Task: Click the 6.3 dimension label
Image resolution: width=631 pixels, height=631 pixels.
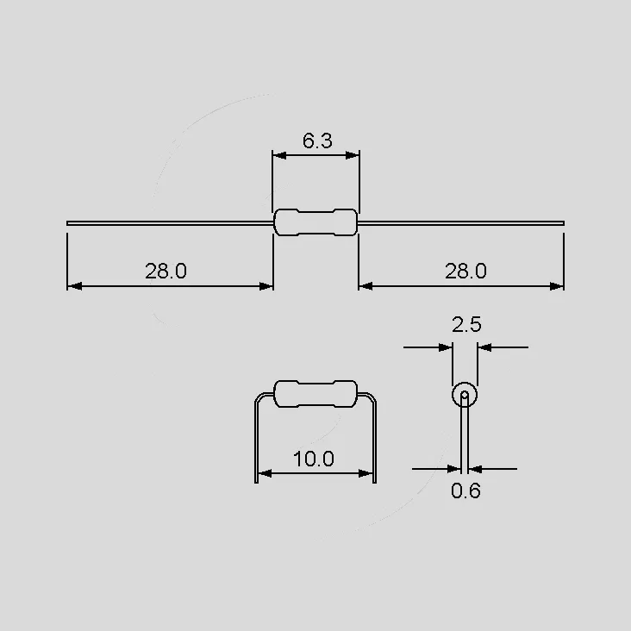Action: click(x=317, y=141)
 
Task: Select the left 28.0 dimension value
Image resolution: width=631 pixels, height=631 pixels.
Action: click(x=166, y=271)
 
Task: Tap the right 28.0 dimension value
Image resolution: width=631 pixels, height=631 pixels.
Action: click(x=465, y=271)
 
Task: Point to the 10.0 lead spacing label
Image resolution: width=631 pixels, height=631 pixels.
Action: click(x=314, y=459)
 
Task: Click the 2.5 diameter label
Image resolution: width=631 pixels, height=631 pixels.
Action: click(x=466, y=324)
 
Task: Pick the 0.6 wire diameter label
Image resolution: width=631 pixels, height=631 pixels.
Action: click(x=465, y=491)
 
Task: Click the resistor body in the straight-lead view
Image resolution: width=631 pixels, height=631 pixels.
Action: click(x=315, y=222)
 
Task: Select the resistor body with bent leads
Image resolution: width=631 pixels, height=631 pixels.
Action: click(x=315, y=394)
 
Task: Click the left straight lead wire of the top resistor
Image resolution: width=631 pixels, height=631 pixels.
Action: click(x=170, y=223)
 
